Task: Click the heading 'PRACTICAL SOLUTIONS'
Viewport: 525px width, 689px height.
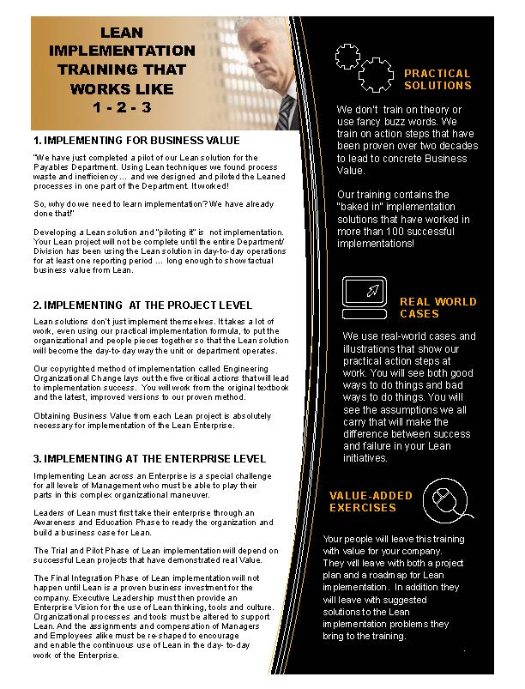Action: tap(437, 80)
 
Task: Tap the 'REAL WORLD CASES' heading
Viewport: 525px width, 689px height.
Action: tap(437, 308)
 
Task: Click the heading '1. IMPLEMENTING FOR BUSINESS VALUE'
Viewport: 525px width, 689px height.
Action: tap(136, 140)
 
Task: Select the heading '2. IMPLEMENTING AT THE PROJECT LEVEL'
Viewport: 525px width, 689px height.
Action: tap(142, 305)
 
